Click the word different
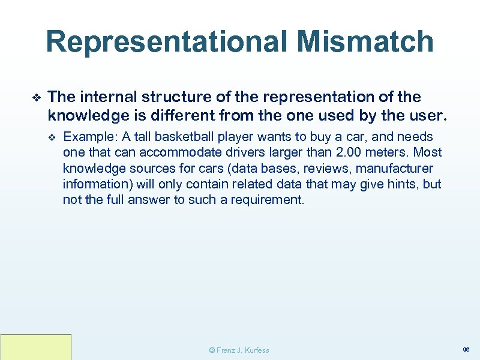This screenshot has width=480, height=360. click(x=187, y=114)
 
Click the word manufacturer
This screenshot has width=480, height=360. click(x=392, y=169)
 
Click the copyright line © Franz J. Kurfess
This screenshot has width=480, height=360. click(x=238, y=350)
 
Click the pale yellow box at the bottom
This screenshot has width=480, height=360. click(x=35, y=347)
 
